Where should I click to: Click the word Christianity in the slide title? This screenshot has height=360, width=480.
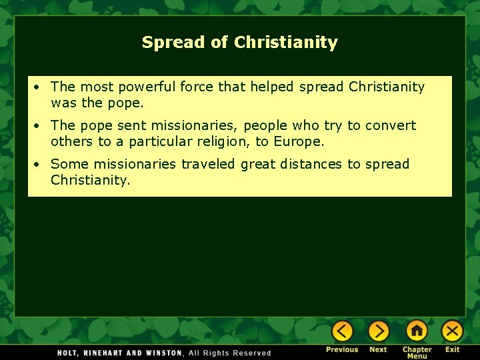tap(286, 43)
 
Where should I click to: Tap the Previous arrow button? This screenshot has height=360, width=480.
tap(342, 331)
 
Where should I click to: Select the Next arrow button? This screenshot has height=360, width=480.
tap(378, 331)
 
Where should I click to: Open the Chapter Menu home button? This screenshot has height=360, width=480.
tap(417, 331)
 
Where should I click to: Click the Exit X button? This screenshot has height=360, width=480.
tap(453, 331)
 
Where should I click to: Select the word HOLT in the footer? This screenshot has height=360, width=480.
tap(69, 353)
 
